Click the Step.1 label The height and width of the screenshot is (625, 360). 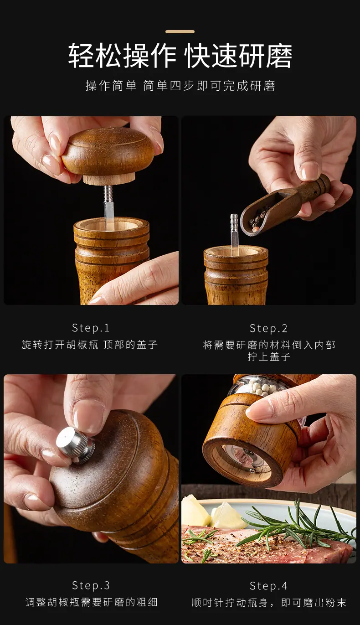tap(91, 328)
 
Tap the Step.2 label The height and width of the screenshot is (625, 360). tap(268, 328)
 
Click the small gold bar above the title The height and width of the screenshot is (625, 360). tap(180, 32)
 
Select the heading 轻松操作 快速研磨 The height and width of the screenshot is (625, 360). tap(180, 56)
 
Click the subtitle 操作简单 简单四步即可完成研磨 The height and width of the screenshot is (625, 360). tap(180, 86)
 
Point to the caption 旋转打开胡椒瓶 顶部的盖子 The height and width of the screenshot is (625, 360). tap(89, 345)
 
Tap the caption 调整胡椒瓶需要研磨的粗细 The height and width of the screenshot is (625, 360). tap(92, 602)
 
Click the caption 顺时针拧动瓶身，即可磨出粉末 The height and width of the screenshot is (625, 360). tap(269, 603)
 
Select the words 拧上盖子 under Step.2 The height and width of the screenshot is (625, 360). tap(269, 357)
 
